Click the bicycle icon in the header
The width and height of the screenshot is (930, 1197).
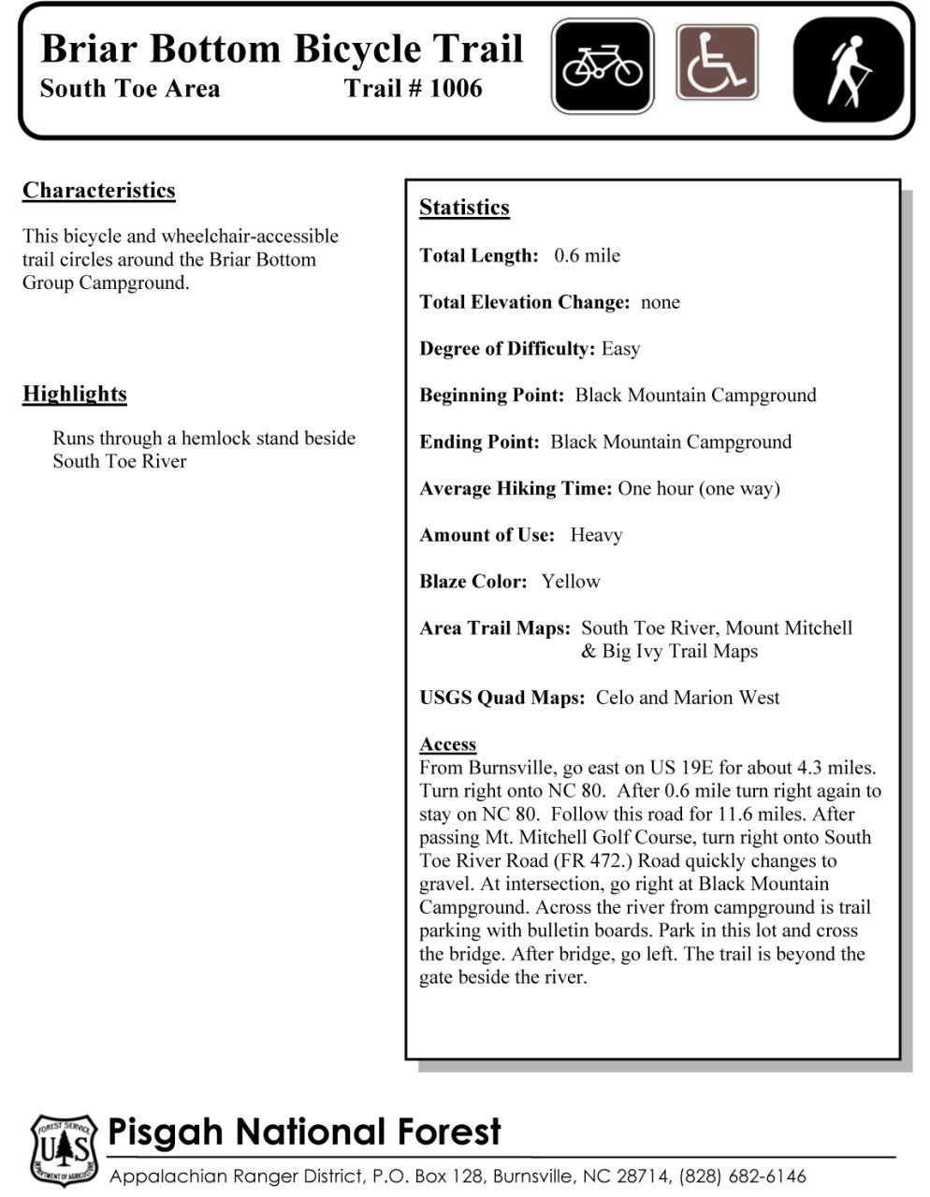[603, 66]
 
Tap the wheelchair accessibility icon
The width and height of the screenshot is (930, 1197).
[717, 64]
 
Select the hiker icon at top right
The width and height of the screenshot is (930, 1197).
[849, 69]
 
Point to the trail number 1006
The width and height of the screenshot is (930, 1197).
[456, 89]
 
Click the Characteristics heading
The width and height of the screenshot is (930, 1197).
[99, 191]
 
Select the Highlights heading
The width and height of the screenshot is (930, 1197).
[75, 394]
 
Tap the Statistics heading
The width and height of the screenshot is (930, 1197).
[464, 208]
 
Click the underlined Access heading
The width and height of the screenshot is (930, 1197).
[448, 744]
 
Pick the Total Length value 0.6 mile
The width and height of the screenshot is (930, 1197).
[587, 256]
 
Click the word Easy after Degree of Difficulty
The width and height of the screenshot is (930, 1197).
[620, 349]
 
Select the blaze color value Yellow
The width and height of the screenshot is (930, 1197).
[571, 582]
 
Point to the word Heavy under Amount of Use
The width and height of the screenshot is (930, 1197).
[596, 535]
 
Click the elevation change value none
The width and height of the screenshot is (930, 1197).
[660, 302]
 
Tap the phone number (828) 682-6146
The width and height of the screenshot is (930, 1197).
[743, 1176]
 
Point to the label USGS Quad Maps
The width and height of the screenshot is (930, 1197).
[501, 698]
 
